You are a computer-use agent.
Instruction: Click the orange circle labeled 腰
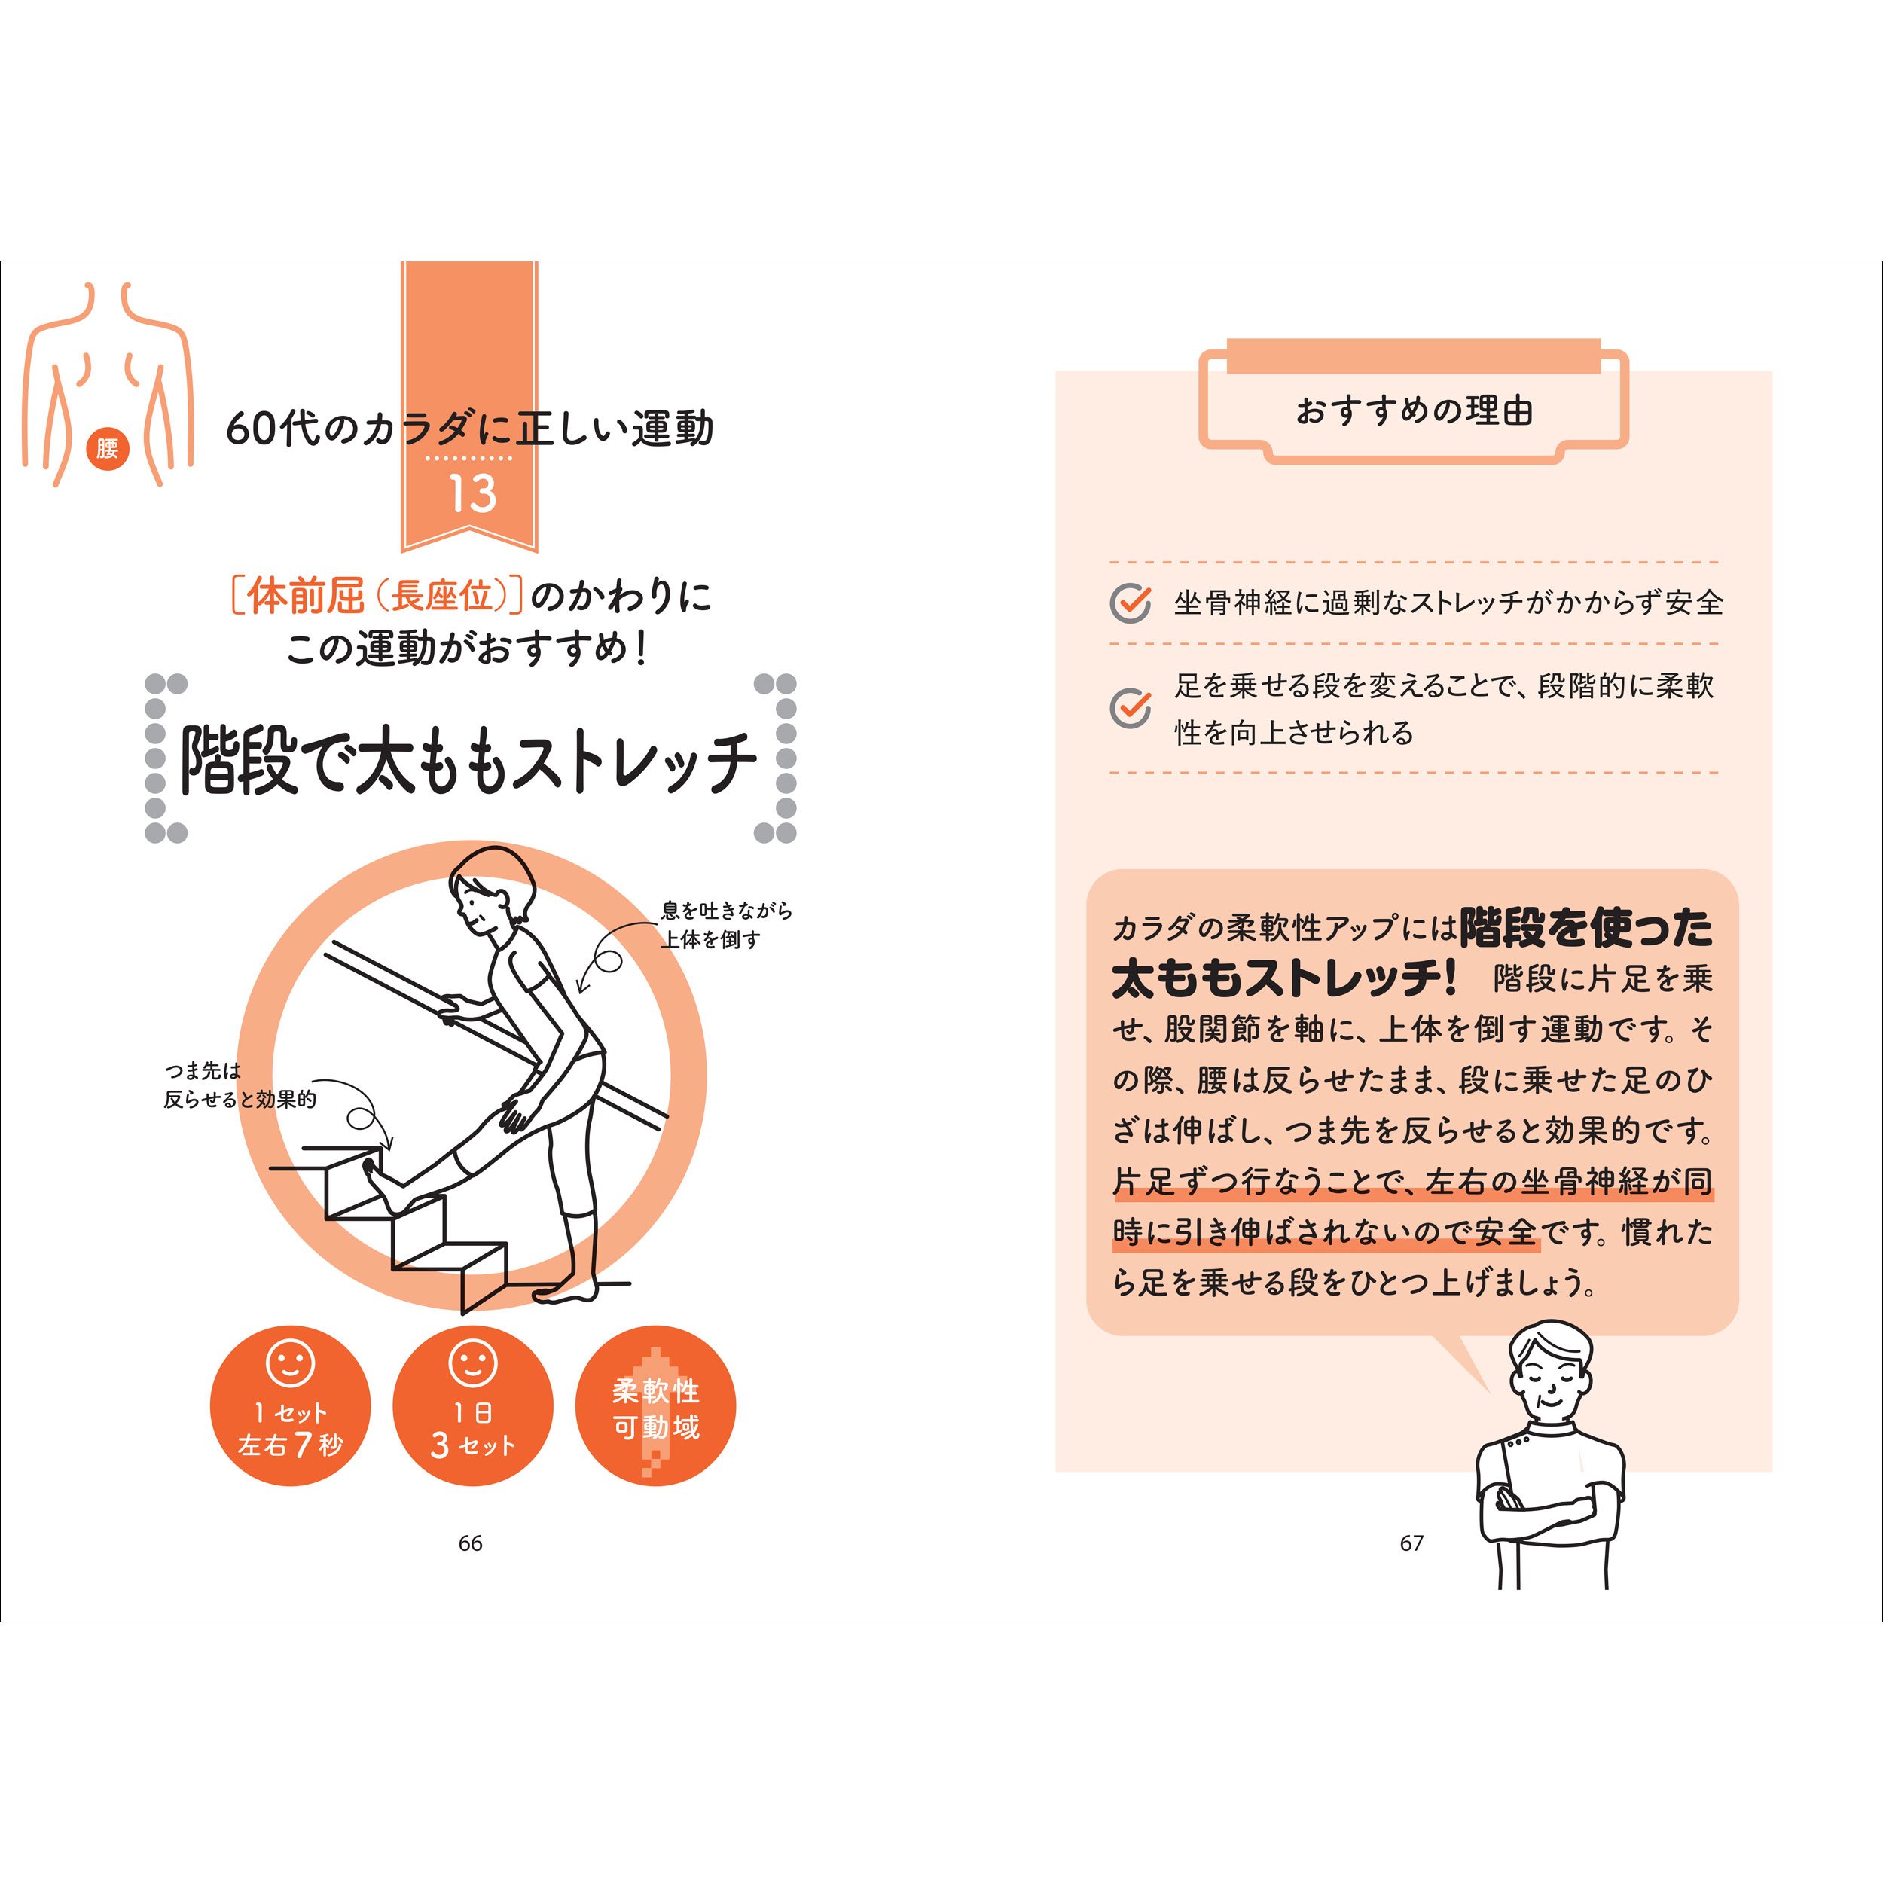pyautogui.click(x=107, y=448)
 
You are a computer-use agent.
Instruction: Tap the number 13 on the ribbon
pyautogui.click(x=472, y=494)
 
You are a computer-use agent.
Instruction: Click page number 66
pyautogui.click(x=471, y=1543)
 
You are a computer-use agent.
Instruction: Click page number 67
pyautogui.click(x=1411, y=1543)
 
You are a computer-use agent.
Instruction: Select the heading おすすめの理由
pyautogui.click(x=1413, y=410)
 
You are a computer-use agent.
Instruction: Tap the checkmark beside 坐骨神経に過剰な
pyautogui.click(x=1131, y=603)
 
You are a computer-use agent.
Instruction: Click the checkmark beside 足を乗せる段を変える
pyautogui.click(x=1131, y=707)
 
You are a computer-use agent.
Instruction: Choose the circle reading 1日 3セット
pyautogui.click(x=473, y=1405)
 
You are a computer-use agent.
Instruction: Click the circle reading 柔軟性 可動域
pyautogui.click(x=656, y=1405)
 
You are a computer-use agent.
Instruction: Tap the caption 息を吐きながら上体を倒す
pyautogui.click(x=726, y=925)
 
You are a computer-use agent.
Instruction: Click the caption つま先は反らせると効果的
pyautogui.click(x=240, y=1085)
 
